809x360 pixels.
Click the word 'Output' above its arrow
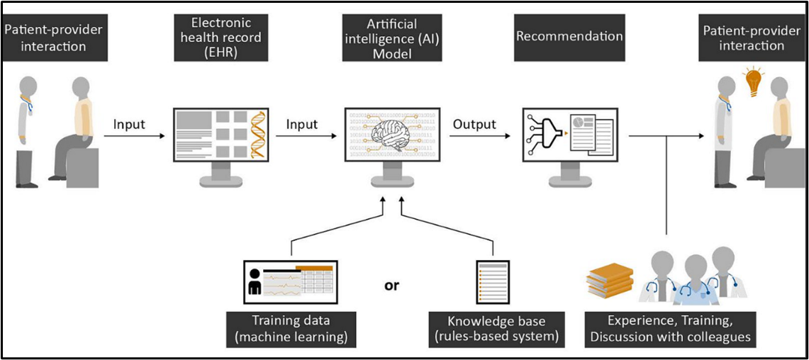click(x=474, y=125)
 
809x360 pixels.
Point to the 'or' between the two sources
click(x=391, y=286)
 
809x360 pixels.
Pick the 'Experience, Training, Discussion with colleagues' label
click(x=670, y=329)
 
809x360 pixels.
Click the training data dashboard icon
click(x=290, y=282)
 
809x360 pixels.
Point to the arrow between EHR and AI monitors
click(x=301, y=137)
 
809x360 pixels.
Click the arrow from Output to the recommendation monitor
click(x=477, y=137)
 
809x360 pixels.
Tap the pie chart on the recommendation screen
click(x=582, y=123)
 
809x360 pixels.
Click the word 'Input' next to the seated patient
click(x=129, y=125)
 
